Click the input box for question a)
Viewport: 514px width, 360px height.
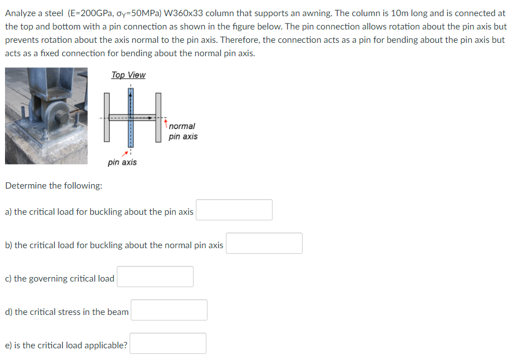pos(234,210)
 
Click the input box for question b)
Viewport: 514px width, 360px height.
pos(264,243)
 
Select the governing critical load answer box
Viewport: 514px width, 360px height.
pos(155,277)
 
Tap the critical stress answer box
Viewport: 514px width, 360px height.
pos(169,310)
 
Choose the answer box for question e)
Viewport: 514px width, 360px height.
pos(167,343)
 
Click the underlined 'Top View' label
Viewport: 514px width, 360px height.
pos(128,75)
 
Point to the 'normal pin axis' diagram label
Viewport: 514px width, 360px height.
pos(182,131)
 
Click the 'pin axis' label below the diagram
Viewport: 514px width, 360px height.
pos(122,162)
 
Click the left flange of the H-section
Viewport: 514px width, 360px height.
pos(106,117)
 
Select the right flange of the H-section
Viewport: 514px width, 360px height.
pos(159,117)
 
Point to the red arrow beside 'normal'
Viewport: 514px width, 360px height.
pos(166,121)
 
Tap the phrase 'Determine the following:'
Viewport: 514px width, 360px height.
pos(53,185)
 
